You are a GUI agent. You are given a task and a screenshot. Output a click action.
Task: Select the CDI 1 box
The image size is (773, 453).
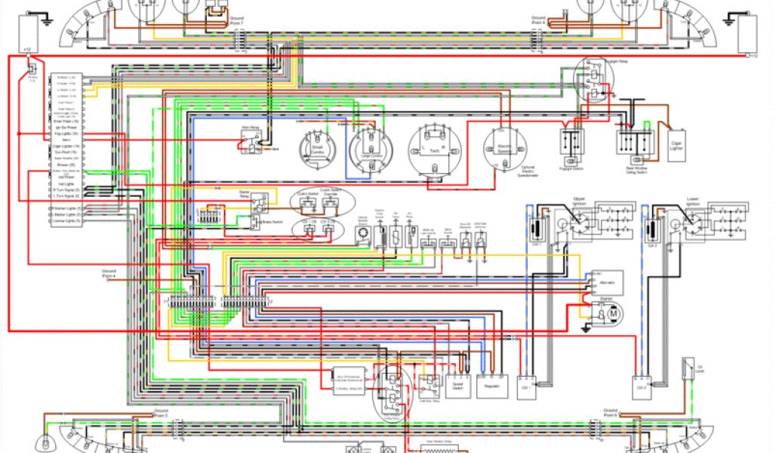coord(528,388)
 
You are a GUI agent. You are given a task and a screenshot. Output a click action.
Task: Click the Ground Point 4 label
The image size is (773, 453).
coord(109,274)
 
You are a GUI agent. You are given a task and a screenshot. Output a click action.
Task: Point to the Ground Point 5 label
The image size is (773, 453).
coord(161,414)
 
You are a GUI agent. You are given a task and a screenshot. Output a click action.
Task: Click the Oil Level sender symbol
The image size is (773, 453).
coord(688,368)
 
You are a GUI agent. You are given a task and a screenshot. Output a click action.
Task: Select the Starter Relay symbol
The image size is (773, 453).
coord(257,201)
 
